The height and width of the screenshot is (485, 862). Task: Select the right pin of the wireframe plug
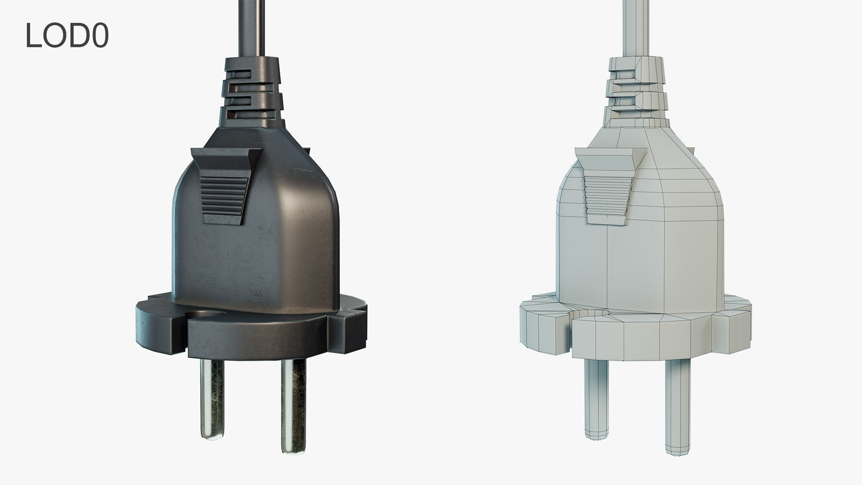pos(677,400)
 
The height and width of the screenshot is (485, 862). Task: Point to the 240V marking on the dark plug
pos(258,304)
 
